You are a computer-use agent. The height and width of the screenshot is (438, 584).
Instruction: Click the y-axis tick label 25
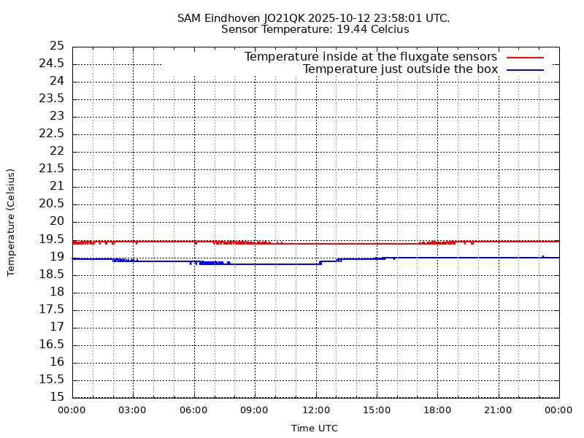[x=57, y=46]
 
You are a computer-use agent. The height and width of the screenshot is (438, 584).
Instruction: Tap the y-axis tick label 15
[x=57, y=397]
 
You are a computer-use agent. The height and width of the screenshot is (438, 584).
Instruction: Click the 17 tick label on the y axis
[x=57, y=327]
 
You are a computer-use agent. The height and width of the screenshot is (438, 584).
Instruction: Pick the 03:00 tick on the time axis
[x=133, y=410]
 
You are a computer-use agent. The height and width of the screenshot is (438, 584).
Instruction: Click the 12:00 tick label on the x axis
[x=315, y=410]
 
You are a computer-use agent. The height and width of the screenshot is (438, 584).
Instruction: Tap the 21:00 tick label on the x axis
[x=498, y=410]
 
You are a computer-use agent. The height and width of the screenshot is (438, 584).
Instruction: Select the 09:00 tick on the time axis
[x=255, y=410]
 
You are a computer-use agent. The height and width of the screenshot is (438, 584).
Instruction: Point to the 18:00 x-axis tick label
[x=437, y=410]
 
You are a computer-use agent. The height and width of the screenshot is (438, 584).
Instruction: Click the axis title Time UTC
[x=315, y=429]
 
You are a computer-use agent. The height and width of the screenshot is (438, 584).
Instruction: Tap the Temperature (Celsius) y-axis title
[x=11, y=222]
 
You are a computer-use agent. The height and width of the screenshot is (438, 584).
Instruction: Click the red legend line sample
[x=525, y=57]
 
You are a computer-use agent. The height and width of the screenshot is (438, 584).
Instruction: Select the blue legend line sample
[x=525, y=69]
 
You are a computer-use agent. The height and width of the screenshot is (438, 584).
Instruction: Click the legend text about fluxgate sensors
[x=370, y=57]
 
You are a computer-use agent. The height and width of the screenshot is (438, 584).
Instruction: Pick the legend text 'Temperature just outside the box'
[x=400, y=69]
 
